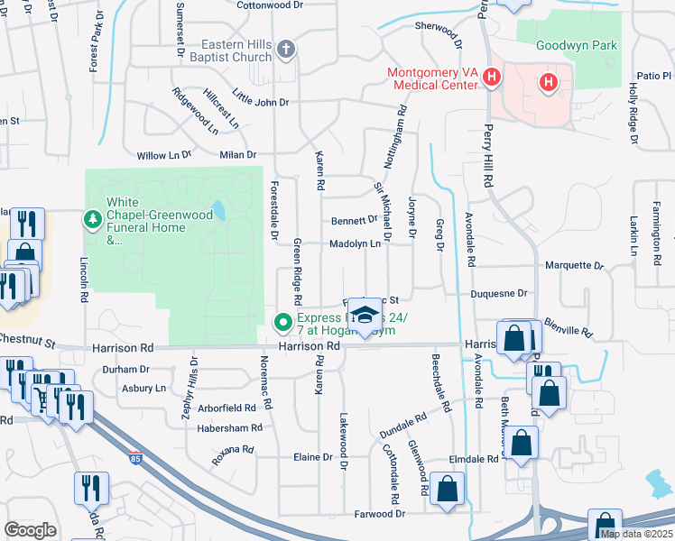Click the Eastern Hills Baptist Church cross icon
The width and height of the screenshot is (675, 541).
point(286,50)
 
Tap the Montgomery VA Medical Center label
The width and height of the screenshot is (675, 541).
point(431,78)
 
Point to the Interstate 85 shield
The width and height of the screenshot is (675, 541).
point(135,457)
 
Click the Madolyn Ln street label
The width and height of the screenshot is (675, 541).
point(354,243)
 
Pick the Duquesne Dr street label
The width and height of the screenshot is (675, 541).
point(497,293)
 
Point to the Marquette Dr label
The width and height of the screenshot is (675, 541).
point(574,266)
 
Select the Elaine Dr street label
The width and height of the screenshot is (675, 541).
point(313,457)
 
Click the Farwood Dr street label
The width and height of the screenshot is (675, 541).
point(380,513)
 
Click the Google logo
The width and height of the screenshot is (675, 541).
point(30,530)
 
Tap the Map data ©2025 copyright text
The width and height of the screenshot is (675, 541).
point(636,534)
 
